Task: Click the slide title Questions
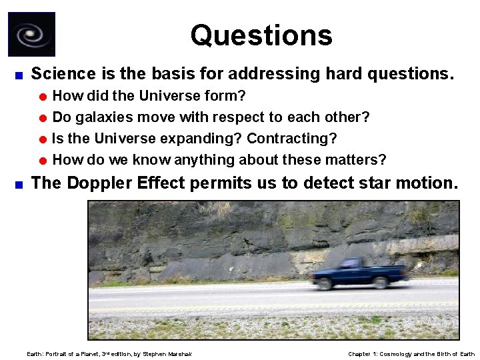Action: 261,35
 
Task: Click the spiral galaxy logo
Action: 31,34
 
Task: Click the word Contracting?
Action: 291,139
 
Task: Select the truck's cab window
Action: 349,263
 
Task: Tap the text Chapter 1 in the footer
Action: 363,354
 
